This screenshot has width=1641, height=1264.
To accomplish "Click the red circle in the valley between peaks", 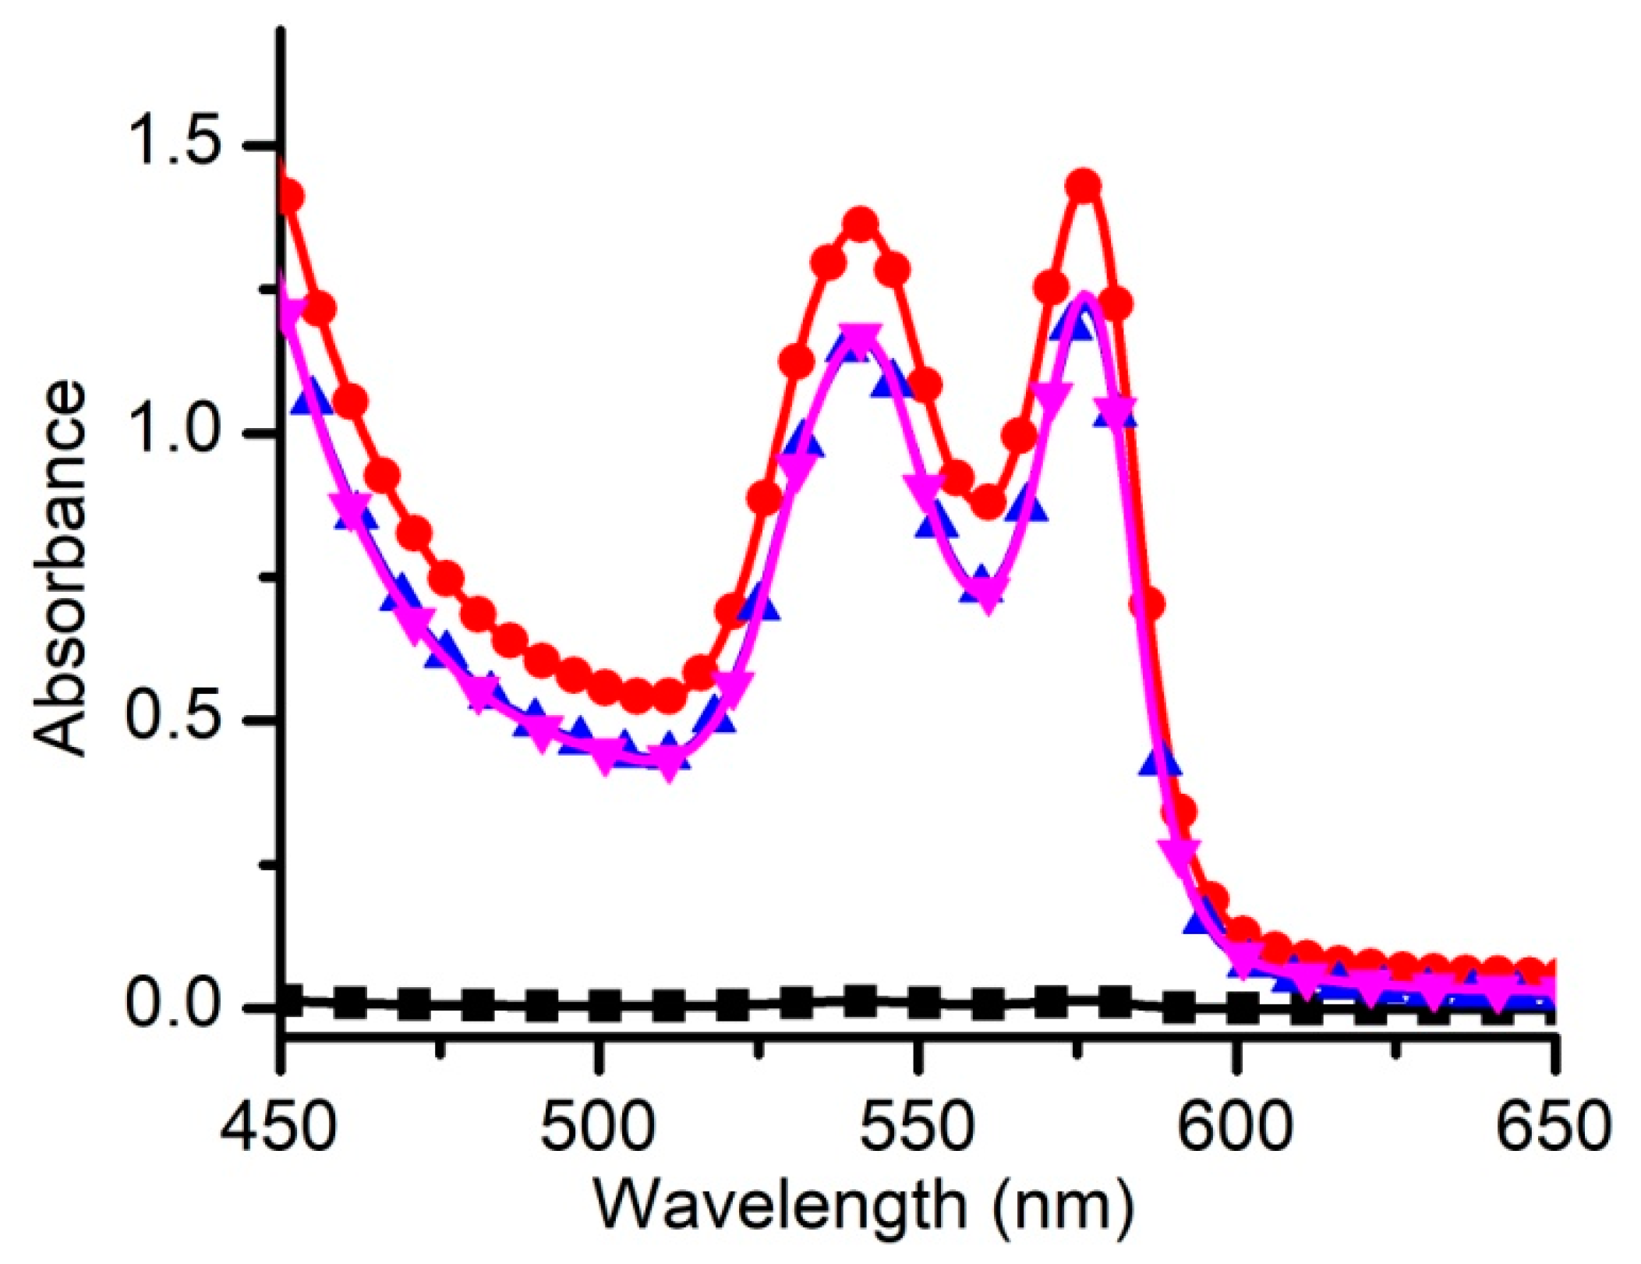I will point(988,501).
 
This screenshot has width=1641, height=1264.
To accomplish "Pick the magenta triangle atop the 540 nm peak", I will point(861,341).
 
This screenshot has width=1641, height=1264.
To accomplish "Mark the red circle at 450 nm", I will point(289,195).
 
